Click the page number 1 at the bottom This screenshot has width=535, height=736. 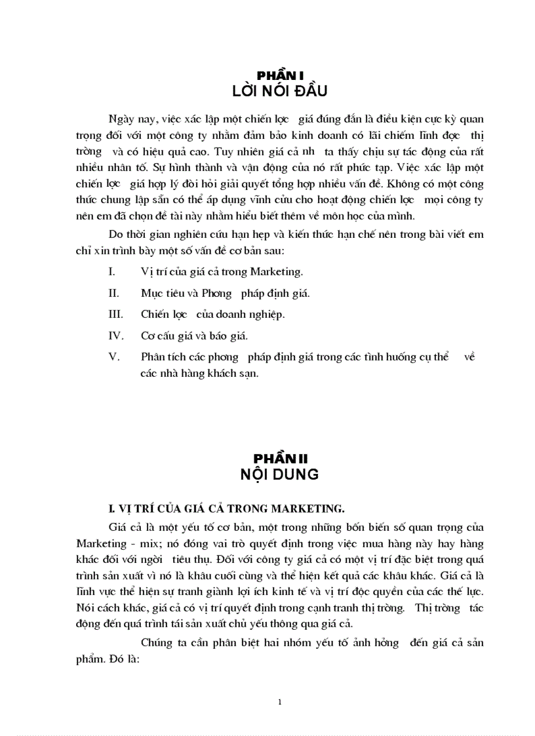279,703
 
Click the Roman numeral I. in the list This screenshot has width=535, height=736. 111,271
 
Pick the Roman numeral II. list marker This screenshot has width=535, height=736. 113,293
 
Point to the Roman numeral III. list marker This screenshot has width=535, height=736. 115,314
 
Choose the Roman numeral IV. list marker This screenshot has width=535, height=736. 115,336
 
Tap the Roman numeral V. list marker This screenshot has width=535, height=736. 113,357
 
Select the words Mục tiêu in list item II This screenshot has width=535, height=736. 161,293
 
